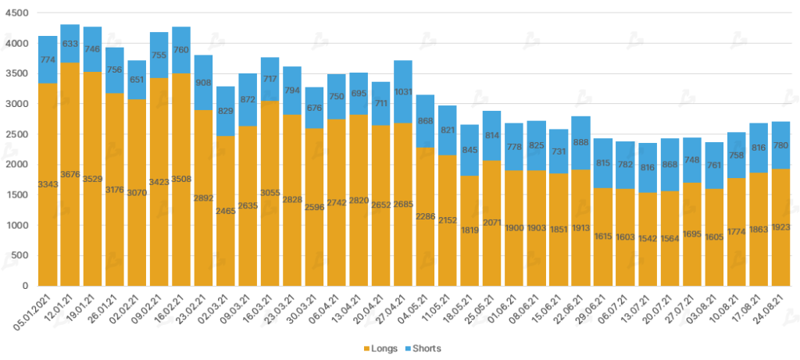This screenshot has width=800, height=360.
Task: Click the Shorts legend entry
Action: coord(427,348)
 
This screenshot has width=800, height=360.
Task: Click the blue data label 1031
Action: coord(403,113)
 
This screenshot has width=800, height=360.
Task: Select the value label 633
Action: coord(70,44)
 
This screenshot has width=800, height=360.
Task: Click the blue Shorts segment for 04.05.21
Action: coord(425,121)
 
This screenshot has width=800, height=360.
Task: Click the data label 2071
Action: coord(491,224)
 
